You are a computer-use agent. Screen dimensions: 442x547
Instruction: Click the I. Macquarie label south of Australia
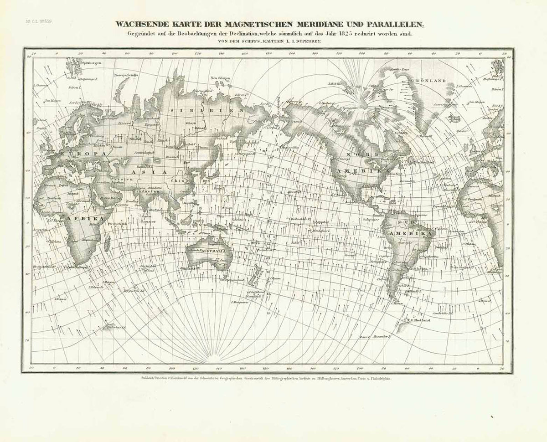(x=239, y=302)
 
